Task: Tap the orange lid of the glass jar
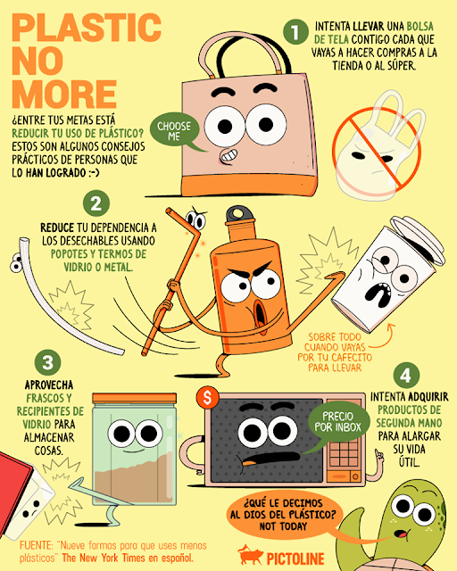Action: (140, 400)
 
